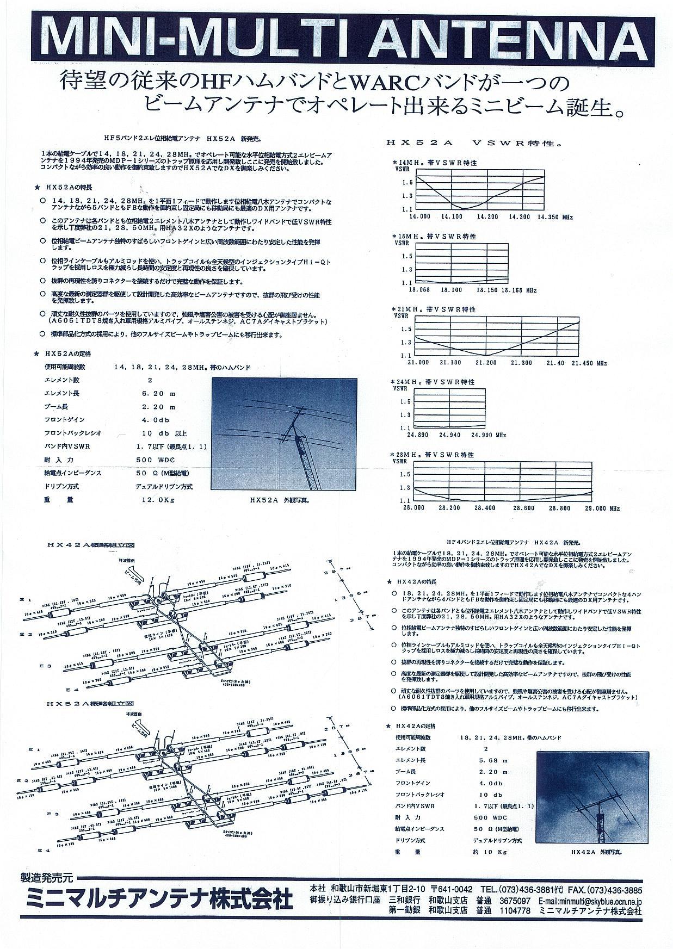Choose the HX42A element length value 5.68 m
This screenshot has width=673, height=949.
coord(493,760)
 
